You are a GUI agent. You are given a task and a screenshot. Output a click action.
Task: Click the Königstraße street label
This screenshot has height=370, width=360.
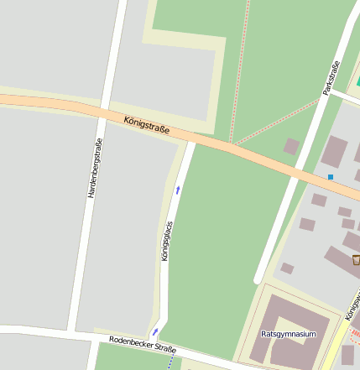147,126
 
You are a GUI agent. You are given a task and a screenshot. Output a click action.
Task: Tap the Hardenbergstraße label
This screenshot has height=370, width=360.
95,168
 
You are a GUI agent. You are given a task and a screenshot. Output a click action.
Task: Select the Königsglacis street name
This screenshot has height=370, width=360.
167,240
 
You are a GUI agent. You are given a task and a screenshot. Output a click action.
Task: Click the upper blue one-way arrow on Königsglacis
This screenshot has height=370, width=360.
178,190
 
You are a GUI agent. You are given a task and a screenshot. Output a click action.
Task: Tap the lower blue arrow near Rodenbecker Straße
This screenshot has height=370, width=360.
155,332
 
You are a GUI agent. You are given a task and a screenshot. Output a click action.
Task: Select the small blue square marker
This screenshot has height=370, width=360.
331,177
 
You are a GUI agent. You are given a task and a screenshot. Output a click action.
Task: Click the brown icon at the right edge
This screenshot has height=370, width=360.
356,260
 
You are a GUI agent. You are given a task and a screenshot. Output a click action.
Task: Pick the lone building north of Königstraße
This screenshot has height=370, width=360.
291,146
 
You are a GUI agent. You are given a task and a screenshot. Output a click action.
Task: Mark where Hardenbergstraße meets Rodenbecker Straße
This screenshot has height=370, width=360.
74,330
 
